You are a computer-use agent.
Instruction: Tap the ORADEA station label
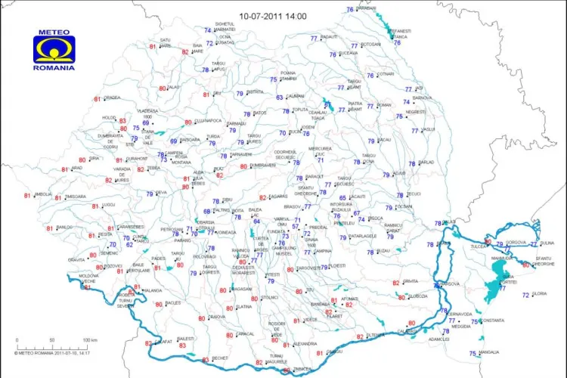113,98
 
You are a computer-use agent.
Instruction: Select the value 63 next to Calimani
280,97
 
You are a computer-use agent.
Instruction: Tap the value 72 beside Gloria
526,295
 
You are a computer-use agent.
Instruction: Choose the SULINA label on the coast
547,243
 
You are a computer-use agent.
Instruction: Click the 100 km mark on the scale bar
89,339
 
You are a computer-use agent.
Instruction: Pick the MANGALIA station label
489,352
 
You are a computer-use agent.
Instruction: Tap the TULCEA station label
476,246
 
